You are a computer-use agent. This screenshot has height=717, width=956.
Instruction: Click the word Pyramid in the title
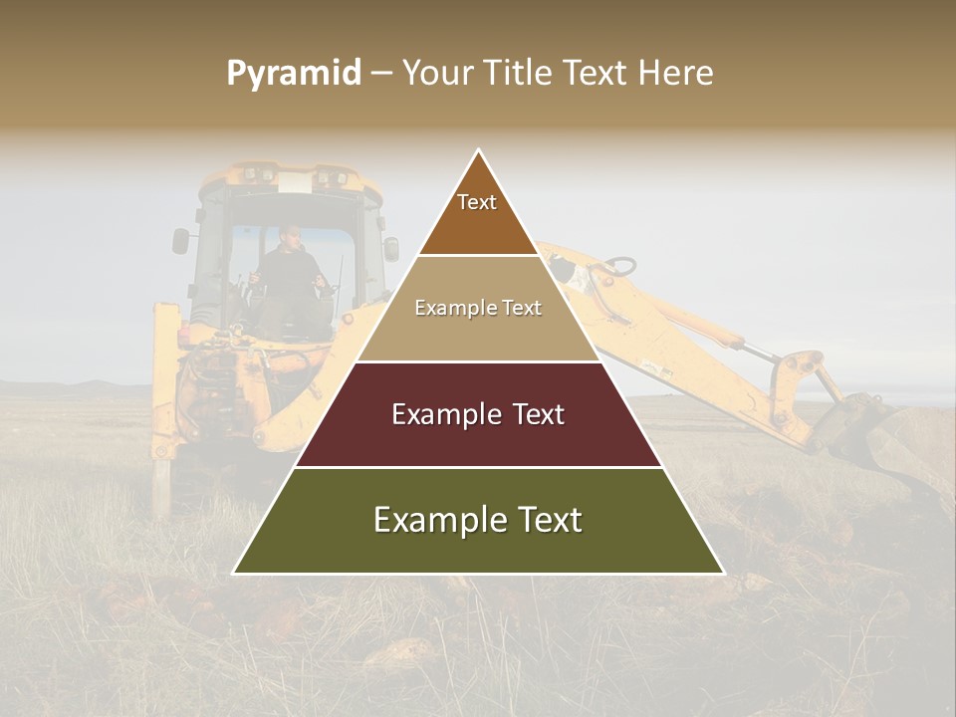(293, 74)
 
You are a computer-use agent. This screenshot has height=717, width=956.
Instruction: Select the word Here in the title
(675, 74)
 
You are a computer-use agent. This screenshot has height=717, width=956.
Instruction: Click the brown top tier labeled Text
(477, 214)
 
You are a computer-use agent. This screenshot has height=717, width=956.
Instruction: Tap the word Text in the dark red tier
(532, 414)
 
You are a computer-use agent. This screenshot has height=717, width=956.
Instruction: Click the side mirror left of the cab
(180, 240)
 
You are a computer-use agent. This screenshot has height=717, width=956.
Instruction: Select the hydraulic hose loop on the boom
(617, 267)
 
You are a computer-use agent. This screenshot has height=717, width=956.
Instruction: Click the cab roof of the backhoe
(289, 179)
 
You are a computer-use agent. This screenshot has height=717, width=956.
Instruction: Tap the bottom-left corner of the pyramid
(235, 573)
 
